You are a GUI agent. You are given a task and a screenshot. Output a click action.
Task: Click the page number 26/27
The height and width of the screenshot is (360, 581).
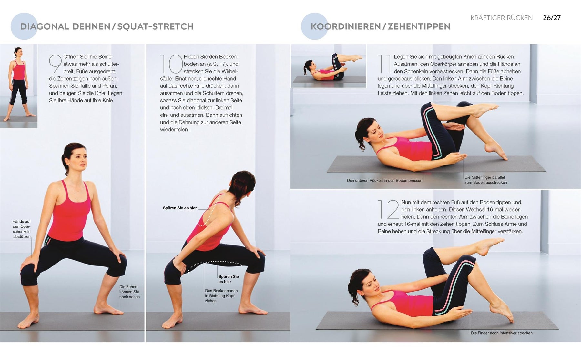coord(552,18)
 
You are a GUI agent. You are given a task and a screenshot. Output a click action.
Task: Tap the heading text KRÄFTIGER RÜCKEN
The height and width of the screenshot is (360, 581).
coord(502,18)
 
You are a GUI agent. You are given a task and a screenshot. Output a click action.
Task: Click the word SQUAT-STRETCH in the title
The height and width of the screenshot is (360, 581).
coord(155,26)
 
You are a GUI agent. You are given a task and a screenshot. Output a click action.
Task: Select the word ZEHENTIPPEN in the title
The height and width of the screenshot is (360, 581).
coord(419,26)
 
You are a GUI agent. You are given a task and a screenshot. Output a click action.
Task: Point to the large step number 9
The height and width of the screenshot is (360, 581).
coord(55,64)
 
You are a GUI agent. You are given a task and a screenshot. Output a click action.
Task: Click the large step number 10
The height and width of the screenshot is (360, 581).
coord(171,64)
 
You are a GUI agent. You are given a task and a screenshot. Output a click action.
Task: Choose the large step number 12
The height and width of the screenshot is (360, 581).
coord(389,209)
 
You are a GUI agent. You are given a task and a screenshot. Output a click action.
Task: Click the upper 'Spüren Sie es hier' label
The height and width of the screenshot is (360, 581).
coord(180,208)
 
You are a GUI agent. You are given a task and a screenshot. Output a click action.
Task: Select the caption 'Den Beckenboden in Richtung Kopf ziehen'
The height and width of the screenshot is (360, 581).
coord(221,296)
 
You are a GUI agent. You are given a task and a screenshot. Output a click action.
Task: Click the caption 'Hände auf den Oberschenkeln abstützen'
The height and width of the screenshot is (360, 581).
coord(22,229)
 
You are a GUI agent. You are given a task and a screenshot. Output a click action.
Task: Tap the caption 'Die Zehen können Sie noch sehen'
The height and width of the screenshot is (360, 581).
coord(129,292)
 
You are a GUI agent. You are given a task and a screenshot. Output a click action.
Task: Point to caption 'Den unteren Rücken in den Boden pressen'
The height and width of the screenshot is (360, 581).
coord(384,181)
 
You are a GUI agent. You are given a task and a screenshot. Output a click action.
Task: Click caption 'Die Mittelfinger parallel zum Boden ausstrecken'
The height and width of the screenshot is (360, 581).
coord(486,180)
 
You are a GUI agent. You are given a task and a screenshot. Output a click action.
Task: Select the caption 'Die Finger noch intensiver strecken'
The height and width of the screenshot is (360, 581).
coord(502,333)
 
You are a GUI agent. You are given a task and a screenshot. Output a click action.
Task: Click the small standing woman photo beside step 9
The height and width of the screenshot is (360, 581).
coord(19,86)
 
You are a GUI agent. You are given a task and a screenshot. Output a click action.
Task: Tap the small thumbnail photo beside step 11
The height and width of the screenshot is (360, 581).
coord(329,66)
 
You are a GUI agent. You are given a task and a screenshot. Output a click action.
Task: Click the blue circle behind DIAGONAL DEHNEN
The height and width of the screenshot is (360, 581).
coord(24,26)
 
